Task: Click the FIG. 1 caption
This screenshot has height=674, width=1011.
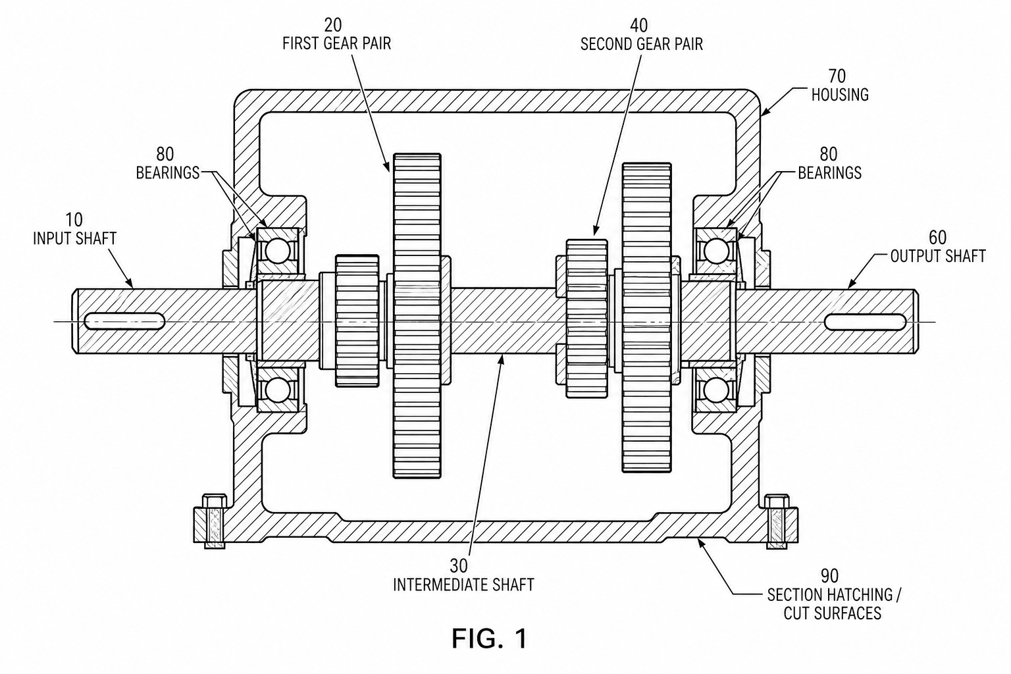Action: (489, 638)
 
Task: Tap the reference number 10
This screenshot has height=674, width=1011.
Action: (74, 220)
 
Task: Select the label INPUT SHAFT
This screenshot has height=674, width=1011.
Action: (75, 238)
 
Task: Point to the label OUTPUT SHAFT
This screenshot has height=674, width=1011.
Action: (938, 256)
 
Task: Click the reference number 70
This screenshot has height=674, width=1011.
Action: (837, 76)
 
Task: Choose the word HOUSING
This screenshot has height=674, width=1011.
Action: (840, 94)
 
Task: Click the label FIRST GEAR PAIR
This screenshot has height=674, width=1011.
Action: (337, 43)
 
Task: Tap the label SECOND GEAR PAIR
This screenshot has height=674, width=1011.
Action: (641, 44)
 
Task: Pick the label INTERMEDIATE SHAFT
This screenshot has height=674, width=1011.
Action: (463, 584)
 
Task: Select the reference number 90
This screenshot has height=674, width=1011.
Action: (830, 575)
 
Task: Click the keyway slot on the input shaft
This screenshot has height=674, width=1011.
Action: (124, 321)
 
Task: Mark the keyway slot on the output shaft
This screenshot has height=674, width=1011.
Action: (866, 321)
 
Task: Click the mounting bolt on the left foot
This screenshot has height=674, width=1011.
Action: (215, 521)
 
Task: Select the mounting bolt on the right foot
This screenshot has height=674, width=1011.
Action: (777, 521)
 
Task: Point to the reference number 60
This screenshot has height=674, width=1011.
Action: (937, 238)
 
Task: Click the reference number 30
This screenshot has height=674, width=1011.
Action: (459, 565)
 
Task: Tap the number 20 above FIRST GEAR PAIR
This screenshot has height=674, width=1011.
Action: (333, 24)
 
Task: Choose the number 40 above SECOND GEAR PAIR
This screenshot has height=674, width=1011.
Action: (638, 25)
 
